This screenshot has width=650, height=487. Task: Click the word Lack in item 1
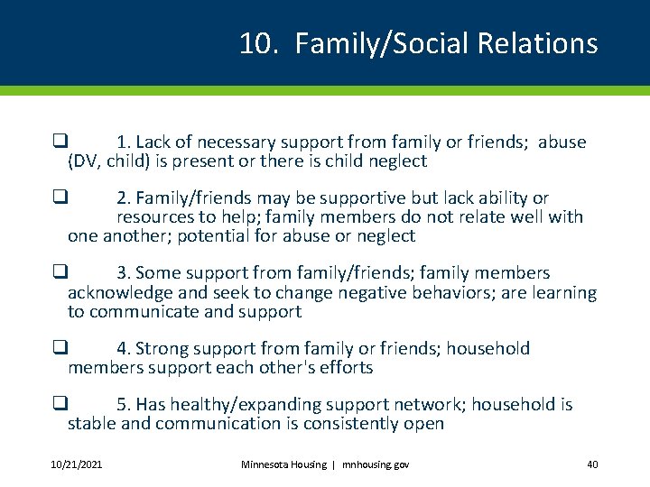(154, 142)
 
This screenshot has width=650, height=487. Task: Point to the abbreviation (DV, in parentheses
(84, 161)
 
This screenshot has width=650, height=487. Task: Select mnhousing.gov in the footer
(375, 464)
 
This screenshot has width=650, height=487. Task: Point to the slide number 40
(592, 464)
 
